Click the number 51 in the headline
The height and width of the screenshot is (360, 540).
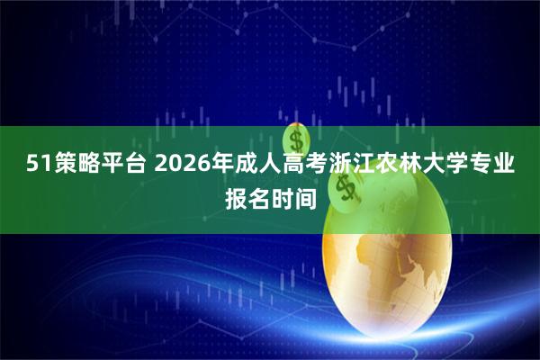36,164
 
